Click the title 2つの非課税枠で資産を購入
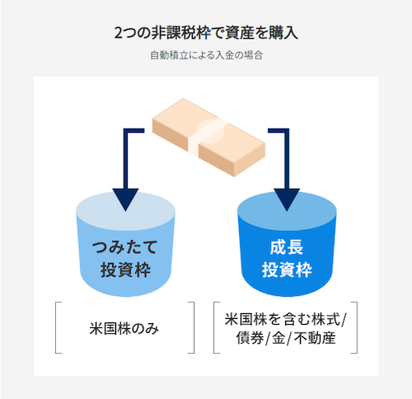[x=206, y=33]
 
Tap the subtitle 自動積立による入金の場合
[x=206, y=55]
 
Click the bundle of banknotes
[x=208, y=137]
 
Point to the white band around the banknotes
[x=208, y=137]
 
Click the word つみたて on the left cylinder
[x=125, y=246]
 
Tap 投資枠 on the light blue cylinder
[x=125, y=270]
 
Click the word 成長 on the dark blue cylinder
[x=287, y=247]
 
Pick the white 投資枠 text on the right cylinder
[x=287, y=270]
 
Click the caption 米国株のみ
[x=124, y=328]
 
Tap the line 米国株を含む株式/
[x=286, y=319]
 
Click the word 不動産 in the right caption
[x=315, y=338]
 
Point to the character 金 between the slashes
[x=279, y=338]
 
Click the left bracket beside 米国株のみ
[x=56, y=327]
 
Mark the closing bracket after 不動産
[x=357, y=327]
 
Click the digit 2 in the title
[x=118, y=33]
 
